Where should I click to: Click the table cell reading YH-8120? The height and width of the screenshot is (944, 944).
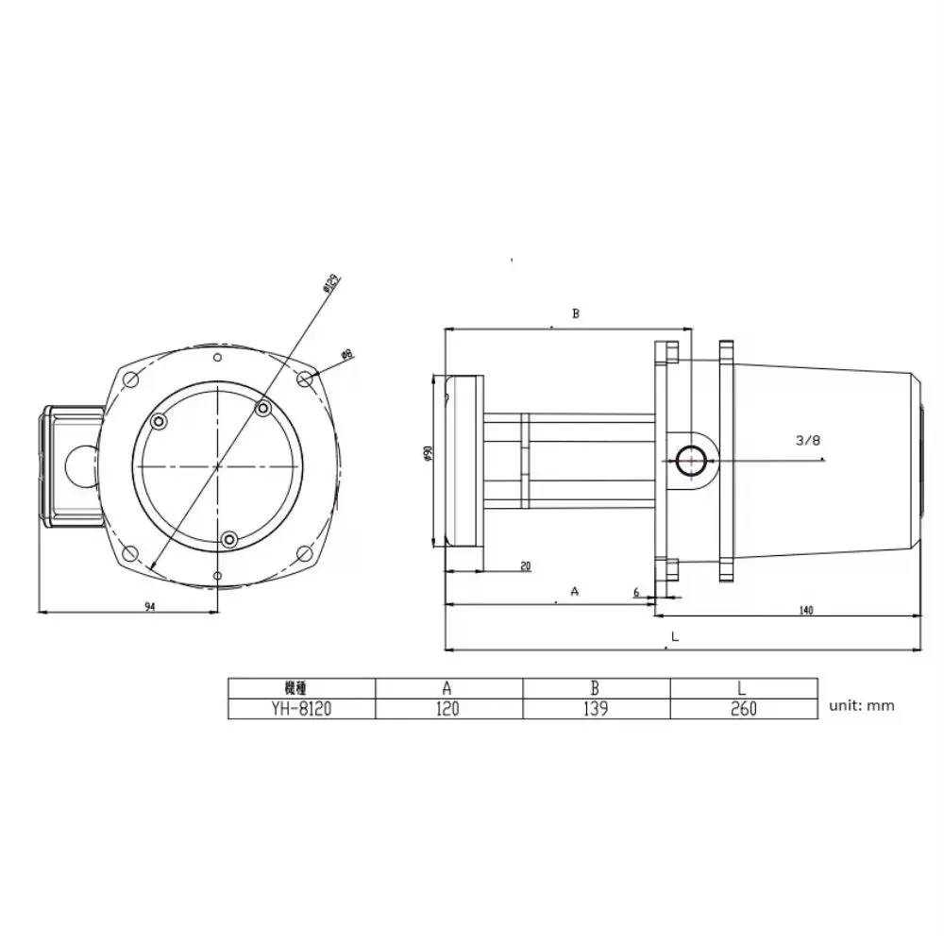point(302,708)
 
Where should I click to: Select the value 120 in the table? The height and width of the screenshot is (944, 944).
point(448,708)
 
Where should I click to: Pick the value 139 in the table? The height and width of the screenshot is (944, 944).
point(597,708)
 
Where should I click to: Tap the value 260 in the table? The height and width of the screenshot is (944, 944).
point(744,708)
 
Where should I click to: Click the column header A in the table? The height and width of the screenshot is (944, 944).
point(448,687)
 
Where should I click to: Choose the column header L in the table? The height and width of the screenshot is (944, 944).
point(744,687)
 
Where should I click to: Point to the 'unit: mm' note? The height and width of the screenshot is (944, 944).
point(861,705)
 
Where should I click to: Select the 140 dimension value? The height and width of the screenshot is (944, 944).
point(806,611)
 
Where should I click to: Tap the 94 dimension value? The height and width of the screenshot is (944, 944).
point(150,607)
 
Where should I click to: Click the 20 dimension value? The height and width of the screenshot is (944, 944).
point(525,566)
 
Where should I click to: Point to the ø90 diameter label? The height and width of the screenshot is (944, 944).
point(427,453)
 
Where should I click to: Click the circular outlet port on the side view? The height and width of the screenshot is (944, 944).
point(690,461)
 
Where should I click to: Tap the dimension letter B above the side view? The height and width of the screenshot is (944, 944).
point(575,313)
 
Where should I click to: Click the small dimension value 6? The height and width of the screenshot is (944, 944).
point(637,592)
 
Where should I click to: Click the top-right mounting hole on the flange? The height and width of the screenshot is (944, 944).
point(304,378)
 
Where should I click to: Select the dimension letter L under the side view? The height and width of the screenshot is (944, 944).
point(674,637)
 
